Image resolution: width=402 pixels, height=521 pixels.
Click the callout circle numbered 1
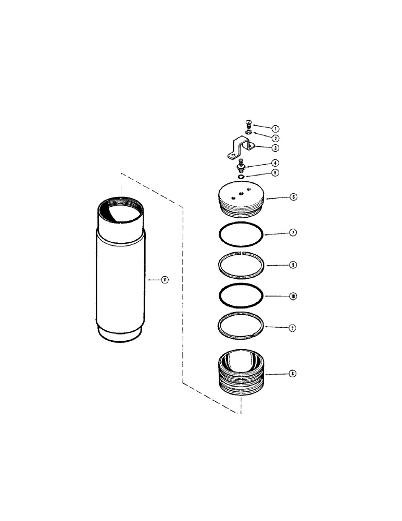click(275, 128)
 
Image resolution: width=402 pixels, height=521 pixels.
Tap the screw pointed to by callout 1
click(248, 124)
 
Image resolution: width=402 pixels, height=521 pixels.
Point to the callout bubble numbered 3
click(275, 148)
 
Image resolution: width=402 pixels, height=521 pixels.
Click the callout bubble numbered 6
click(293, 197)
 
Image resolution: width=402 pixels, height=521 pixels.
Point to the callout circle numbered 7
click(293, 232)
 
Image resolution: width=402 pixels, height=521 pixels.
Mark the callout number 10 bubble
click(293, 296)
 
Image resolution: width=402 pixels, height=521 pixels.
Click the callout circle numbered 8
click(293, 373)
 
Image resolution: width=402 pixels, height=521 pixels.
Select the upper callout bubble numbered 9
click(293, 265)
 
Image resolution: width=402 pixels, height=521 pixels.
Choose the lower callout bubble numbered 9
click(293, 328)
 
